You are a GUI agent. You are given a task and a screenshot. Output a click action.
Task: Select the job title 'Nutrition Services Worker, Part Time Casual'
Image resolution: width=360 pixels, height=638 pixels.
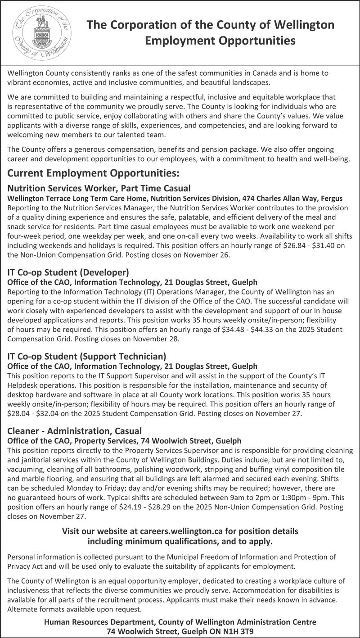[99, 188]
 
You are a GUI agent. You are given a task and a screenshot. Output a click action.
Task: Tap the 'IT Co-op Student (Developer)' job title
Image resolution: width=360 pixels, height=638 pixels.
[68, 272]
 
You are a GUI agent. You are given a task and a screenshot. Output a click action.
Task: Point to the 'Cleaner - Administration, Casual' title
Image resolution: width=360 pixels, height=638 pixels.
[75, 430]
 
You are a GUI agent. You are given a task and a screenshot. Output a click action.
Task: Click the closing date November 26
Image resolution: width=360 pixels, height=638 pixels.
[207, 255]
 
